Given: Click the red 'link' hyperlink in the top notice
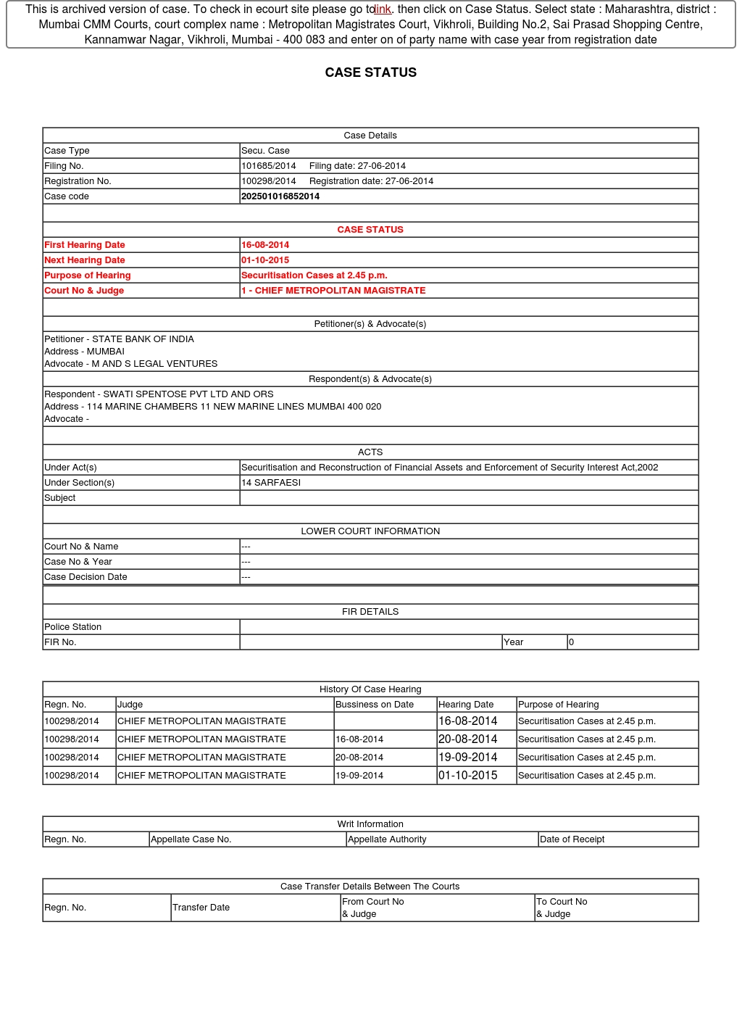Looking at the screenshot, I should [x=383, y=9].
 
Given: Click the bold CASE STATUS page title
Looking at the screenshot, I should [x=370, y=72].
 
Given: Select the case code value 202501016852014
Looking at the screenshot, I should [x=280, y=196].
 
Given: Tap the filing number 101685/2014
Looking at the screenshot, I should [x=269, y=166].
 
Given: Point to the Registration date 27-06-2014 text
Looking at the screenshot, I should [x=371, y=181].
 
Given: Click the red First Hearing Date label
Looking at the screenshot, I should [x=85, y=245].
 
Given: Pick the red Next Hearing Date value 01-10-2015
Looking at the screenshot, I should [x=265, y=260].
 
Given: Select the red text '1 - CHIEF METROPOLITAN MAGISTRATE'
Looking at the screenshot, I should [x=333, y=291].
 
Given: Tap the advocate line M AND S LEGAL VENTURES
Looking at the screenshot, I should [x=154, y=364].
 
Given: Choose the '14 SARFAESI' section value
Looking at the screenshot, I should [x=271, y=483].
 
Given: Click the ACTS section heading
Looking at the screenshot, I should [x=370, y=452].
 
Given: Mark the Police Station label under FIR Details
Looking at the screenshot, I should [x=73, y=627].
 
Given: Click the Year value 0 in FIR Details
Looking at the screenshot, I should [x=571, y=642].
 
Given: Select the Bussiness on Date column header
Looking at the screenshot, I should [x=375, y=705].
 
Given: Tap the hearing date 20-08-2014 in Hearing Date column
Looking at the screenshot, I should [x=468, y=739].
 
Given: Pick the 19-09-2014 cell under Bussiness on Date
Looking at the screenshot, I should [x=359, y=776].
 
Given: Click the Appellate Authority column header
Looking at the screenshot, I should [x=387, y=839].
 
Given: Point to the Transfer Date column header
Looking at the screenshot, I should [x=201, y=908].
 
